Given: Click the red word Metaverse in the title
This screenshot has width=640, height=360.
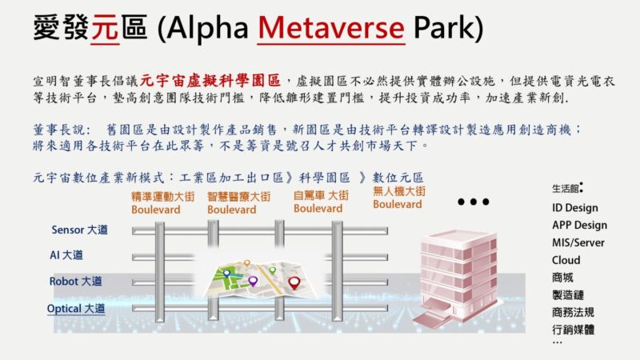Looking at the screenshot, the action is point(331,28).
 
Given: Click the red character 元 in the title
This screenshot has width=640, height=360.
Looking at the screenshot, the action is point(105,28).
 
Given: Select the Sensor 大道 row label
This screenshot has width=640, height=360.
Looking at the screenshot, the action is point(79,230).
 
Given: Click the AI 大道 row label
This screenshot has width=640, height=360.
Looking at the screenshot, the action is point(66,255).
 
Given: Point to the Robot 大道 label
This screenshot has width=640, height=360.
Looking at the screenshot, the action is point(75,282).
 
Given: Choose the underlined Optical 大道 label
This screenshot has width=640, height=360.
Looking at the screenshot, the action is point(76,309).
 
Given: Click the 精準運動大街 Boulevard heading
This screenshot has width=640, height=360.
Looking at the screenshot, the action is point(163,203).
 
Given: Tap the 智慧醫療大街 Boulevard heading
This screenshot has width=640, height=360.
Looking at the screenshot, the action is point(238,203).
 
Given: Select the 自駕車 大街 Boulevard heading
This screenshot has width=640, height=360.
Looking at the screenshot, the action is point(322,202).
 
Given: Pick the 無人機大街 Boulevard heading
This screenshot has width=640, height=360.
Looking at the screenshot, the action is point(399,198).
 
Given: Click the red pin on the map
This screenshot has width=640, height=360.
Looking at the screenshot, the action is point(294,282).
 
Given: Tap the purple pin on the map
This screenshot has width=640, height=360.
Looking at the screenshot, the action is point(253,281).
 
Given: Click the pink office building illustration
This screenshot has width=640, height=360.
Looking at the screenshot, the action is point(456,278).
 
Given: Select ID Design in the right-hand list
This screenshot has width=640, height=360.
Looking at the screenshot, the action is point(575,208).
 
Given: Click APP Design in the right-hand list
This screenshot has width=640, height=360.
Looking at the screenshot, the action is point(579,226).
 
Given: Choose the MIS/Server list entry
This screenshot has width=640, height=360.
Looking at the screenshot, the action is point(578,242).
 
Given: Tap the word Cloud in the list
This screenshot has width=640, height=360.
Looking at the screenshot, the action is point(566,260).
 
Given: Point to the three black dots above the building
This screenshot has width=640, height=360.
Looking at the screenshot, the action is point(474,202).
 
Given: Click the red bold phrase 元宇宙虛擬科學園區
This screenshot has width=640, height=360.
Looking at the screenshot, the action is point(210,81).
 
